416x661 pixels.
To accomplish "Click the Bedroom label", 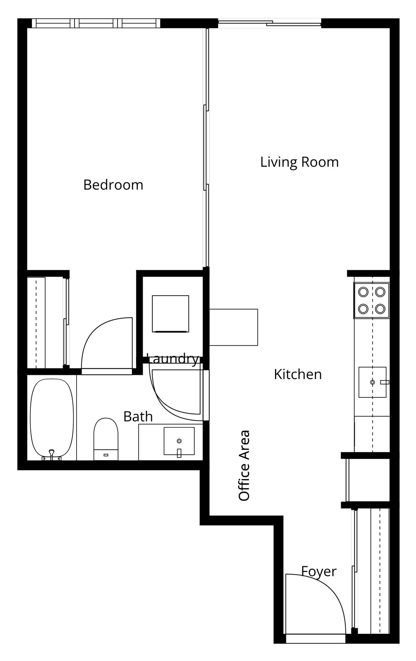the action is point(113,185).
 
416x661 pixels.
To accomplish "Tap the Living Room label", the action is point(299,162).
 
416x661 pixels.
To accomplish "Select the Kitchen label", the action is point(298,374).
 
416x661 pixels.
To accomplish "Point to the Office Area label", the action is point(244,465).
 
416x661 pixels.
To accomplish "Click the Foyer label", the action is point(319,572).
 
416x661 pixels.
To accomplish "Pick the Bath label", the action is point(138,417).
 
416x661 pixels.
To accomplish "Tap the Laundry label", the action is point(172,359).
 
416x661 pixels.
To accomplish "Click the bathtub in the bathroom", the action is point(52,419).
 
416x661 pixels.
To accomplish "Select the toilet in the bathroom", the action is point(106,439).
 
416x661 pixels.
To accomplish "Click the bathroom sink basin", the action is point(179,441).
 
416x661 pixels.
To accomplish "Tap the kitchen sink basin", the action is point(372,382).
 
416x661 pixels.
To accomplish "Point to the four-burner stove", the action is point(372,300).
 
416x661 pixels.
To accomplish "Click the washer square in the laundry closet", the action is point(171,314).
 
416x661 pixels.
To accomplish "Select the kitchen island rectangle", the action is point(233,327).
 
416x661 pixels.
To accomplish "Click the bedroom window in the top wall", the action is point(96,23).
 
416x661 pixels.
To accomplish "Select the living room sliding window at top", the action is point(270,23).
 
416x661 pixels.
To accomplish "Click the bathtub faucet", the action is point(52,454).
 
